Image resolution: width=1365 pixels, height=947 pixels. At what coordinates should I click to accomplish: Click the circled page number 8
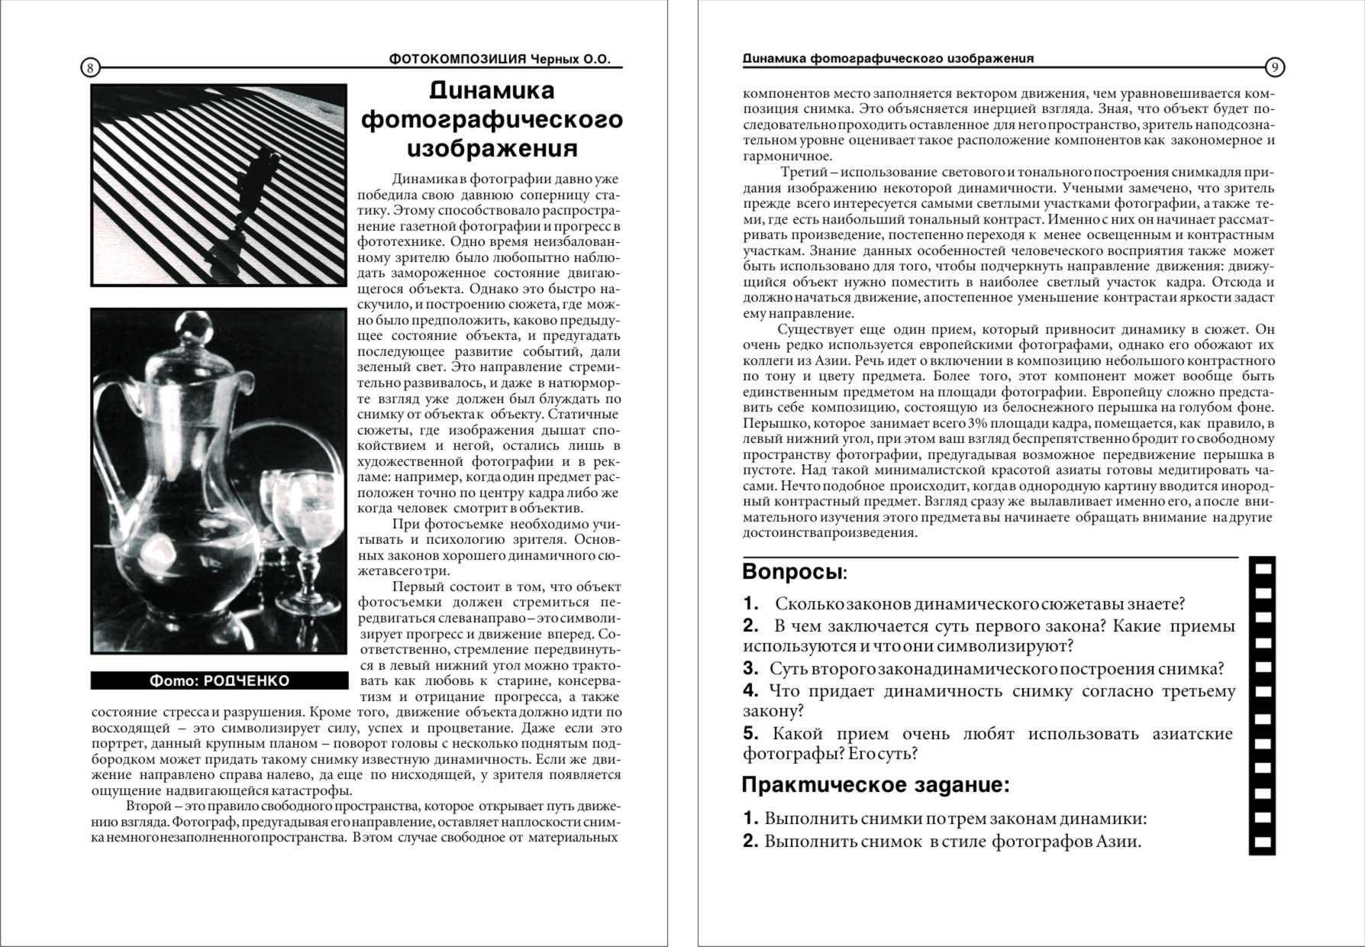[x=90, y=68]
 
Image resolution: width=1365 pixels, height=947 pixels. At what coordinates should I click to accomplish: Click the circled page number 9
[x=1274, y=68]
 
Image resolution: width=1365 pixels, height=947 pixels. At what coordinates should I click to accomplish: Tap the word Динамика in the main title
[x=492, y=90]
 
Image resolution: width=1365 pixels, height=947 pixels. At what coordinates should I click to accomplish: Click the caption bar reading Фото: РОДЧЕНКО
[x=219, y=680]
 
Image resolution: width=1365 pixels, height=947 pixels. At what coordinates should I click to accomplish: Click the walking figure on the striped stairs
[x=252, y=191]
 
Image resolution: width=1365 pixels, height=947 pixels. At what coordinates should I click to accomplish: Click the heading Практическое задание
[x=875, y=785]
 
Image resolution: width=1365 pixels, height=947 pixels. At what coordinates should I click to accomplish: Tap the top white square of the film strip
[x=1263, y=569]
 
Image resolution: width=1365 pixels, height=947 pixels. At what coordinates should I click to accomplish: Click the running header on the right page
[x=889, y=59]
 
